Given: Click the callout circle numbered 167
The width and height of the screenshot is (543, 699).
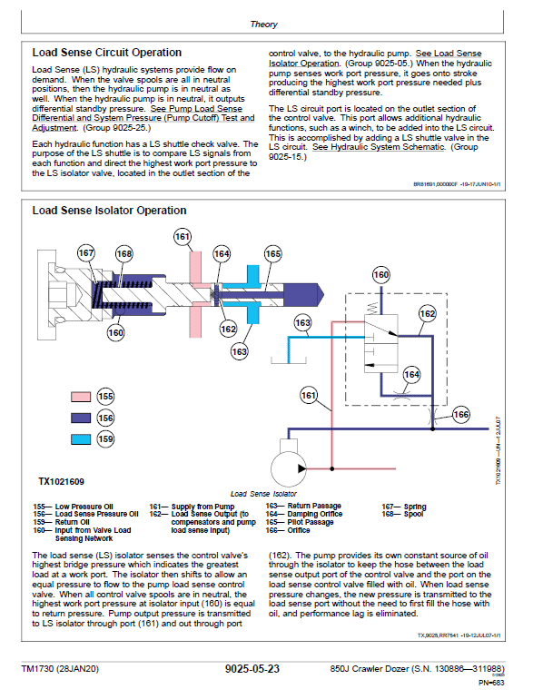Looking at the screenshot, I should point(86,254).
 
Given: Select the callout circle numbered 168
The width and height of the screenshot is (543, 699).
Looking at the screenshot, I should point(123,254).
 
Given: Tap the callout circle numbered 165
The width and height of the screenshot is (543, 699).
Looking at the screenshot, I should point(272,254).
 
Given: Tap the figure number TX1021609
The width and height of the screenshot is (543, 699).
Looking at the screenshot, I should point(61,482).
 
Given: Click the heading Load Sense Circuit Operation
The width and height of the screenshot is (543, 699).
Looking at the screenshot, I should point(106,53).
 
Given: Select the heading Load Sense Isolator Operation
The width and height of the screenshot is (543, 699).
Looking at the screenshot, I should point(109,211).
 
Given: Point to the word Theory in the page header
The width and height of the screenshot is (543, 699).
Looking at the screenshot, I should point(264,25).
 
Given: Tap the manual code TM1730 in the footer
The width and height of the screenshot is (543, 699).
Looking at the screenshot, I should point(58,670).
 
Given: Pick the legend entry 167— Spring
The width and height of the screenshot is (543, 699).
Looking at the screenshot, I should point(402,506).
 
